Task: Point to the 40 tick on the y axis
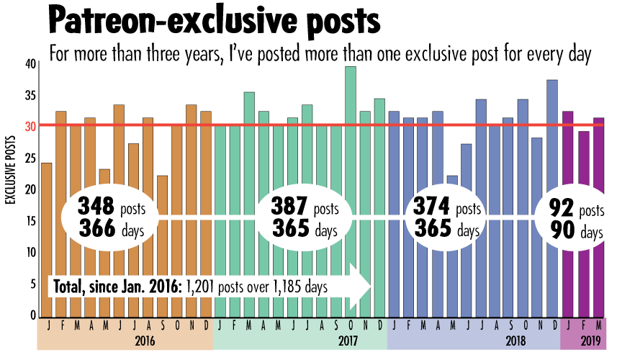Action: [30, 63]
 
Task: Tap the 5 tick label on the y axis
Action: [32, 284]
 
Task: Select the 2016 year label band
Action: [125, 339]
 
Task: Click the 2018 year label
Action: [473, 339]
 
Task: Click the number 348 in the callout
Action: [97, 207]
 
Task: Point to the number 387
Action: [291, 207]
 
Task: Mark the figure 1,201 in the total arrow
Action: [203, 286]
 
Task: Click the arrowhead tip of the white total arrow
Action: [370, 286]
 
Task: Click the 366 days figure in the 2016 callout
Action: [97, 230]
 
